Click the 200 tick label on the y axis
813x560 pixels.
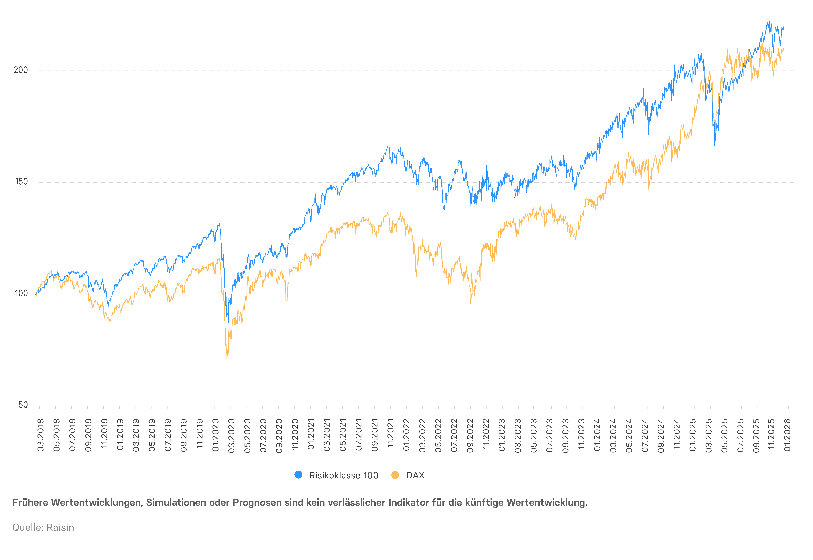[21, 70]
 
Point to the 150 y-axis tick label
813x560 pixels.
[21, 182]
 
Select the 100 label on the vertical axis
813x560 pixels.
[21, 293]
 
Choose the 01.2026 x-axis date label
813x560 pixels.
[787, 435]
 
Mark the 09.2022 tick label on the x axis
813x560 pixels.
[470, 435]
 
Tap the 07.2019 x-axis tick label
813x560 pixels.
[168, 435]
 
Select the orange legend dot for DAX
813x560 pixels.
[395, 475]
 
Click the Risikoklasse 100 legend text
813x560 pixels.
[344, 475]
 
